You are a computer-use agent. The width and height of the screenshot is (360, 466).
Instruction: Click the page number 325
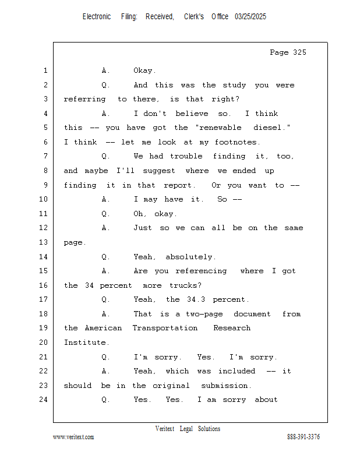pos(299,52)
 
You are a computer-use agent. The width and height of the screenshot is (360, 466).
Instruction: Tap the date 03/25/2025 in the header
pos(250,17)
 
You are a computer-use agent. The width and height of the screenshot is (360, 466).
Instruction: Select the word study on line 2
pos(234,85)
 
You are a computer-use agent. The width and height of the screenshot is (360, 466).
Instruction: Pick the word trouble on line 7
pos(186,156)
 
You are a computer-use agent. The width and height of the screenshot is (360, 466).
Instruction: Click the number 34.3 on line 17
pos(196,299)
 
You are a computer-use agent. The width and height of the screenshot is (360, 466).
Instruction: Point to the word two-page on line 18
pos(204,314)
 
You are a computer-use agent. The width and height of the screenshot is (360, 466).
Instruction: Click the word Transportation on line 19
pos(165,328)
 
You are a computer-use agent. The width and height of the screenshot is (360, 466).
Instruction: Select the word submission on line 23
pos(224,386)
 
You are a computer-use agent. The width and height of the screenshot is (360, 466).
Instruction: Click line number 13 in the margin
pos(44,242)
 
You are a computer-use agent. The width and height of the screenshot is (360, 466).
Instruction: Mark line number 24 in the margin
pos(44,400)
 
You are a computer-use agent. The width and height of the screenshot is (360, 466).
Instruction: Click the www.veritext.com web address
pos(73,437)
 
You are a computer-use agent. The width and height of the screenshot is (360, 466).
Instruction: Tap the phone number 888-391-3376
pos(303,437)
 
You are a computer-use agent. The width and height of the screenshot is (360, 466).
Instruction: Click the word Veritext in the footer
pos(165,429)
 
